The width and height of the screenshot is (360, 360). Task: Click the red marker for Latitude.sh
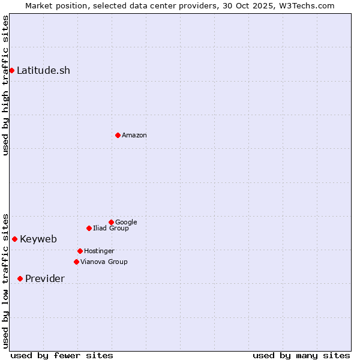(x=11, y=70)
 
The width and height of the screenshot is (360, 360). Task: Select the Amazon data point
(x=118, y=135)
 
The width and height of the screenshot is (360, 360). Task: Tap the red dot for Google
(x=111, y=222)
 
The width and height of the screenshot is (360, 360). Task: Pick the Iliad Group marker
(x=89, y=228)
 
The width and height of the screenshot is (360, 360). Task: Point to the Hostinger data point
(x=80, y=251)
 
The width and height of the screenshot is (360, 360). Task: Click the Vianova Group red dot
(x=76, y=262)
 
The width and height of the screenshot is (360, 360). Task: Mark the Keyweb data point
(x=14, y=239)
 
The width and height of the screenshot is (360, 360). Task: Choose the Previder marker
(x=20, y=278)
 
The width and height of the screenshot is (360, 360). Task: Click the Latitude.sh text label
(x=43, y=70)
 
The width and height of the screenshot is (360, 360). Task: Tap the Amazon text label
(x=134, y=135)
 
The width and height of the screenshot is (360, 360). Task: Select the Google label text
(x=126, y=222)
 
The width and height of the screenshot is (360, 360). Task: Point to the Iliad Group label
(x=111, y=228)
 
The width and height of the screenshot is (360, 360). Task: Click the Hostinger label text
(x=99, y=251)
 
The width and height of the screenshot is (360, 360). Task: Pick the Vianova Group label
(x=104, y=262)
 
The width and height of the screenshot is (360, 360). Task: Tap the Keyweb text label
(x=38, y=239)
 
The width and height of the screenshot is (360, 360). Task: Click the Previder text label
(x=45, y=278)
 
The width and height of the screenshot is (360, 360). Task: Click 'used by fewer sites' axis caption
(x=62, y=355)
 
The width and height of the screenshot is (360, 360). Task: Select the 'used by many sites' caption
(x=301, y=355)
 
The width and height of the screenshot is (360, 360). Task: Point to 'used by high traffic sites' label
(x=5, y=85)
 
